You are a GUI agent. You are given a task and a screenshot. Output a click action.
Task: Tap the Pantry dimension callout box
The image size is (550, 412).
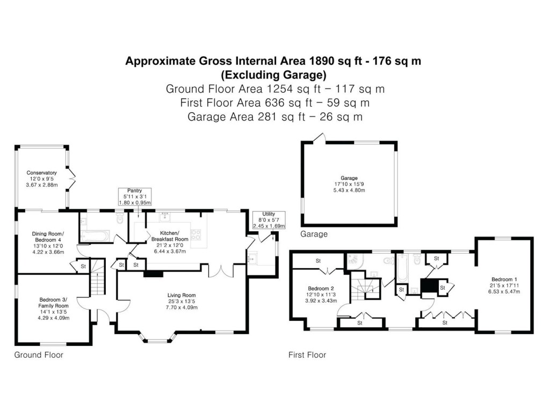click(x=134, y=197)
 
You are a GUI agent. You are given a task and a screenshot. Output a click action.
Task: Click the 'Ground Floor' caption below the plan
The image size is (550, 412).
click(x=39, y=355)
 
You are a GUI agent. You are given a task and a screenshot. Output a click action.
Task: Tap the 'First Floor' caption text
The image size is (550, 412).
click(x=307, y=355)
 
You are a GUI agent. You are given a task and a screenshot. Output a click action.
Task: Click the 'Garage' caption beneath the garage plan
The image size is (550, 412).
click(x=314, y=234)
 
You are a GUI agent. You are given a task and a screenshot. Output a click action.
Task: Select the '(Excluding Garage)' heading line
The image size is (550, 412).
click(x=273, y=74)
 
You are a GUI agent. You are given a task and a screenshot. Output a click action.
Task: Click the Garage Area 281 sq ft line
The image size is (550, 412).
click(x=274, y=116)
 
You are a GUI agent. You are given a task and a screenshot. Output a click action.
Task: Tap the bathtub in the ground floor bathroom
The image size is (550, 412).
click(x=95, y=235)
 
